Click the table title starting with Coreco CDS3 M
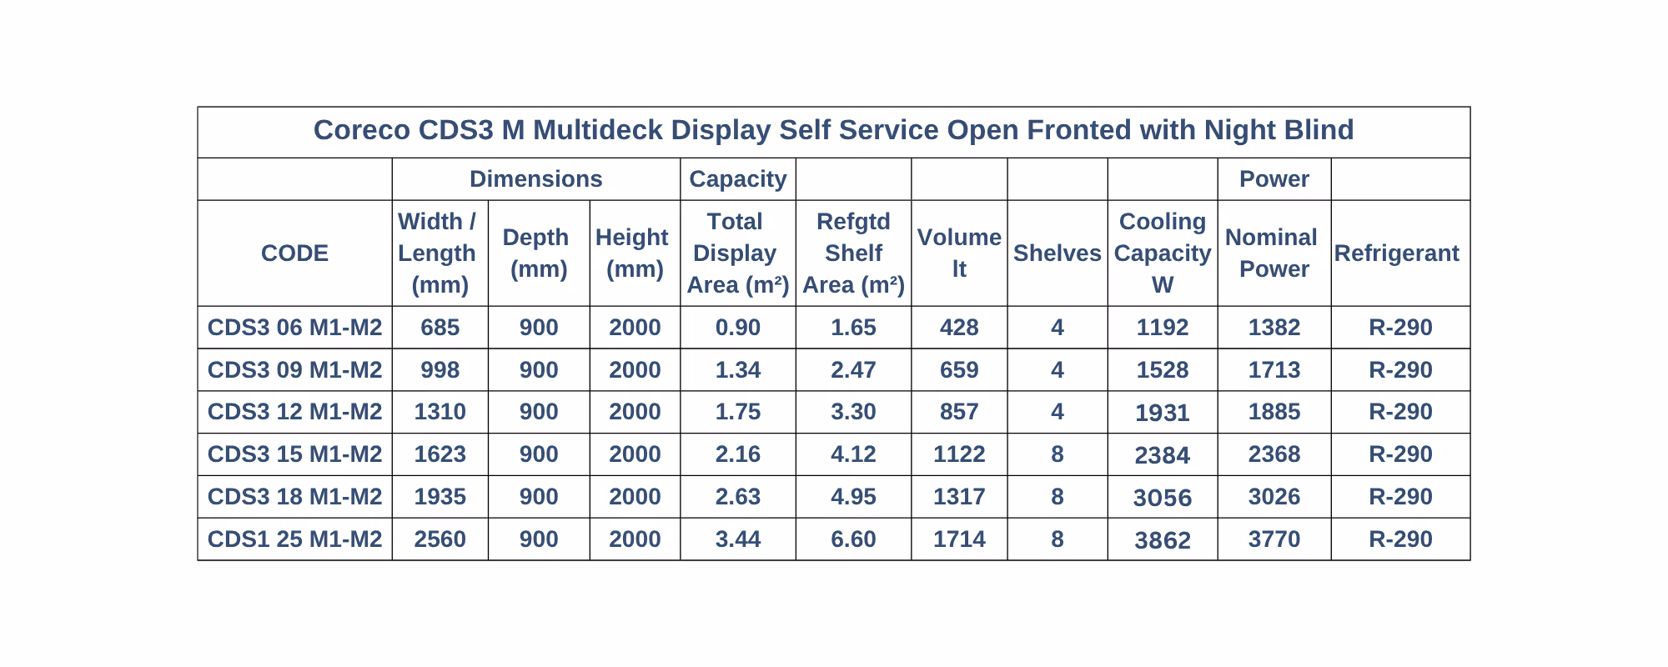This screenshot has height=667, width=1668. [833, 130]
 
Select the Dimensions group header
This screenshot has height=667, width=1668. [535, 179]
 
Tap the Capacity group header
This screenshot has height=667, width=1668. [738, 179]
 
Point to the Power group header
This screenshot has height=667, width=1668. [1274, 179]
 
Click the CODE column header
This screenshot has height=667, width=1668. [294, 253]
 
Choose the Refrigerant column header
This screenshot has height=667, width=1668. [1397, 253]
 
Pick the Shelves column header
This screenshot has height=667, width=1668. [1057, 253]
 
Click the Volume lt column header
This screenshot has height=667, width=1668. [959, 253]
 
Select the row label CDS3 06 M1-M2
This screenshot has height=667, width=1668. [294, 328]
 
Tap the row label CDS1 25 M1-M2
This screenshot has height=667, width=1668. [294, 539]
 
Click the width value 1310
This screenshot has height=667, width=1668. [440, 412]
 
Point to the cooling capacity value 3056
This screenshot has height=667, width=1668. [1162, 498]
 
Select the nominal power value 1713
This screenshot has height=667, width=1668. [1274, 370]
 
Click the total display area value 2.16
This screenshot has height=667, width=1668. [738, 454]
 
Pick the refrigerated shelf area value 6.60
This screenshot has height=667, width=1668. [853, 539]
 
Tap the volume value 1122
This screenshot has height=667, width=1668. [959, 454]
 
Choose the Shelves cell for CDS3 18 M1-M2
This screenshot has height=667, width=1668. [1057, 497]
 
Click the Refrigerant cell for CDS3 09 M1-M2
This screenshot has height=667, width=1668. [1400, 370]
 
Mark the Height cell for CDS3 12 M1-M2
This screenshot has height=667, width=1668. [635, 412]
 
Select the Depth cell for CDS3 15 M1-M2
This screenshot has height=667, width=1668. [539, 454]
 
